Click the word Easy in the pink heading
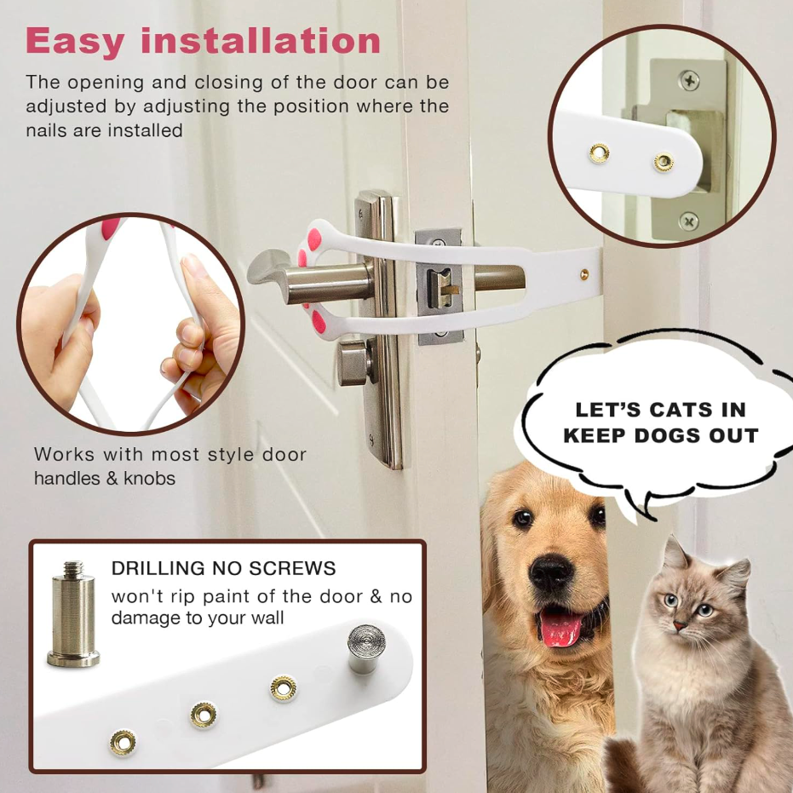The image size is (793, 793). tap(75, 43)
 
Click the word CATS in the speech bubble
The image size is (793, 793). tap(679, 410)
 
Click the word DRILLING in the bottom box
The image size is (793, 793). tap(158, 568)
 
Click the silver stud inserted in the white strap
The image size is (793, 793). tap(366, 648)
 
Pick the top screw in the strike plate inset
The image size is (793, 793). tap(689, 80)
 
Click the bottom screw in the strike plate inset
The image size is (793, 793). tap(688, 221)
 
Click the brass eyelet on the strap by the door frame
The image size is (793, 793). tap(584, 274)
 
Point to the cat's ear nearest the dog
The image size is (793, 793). tap(675, 555)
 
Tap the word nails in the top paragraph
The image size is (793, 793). tap(47, 130)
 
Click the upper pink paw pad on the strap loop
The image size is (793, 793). tap(314, 238)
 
